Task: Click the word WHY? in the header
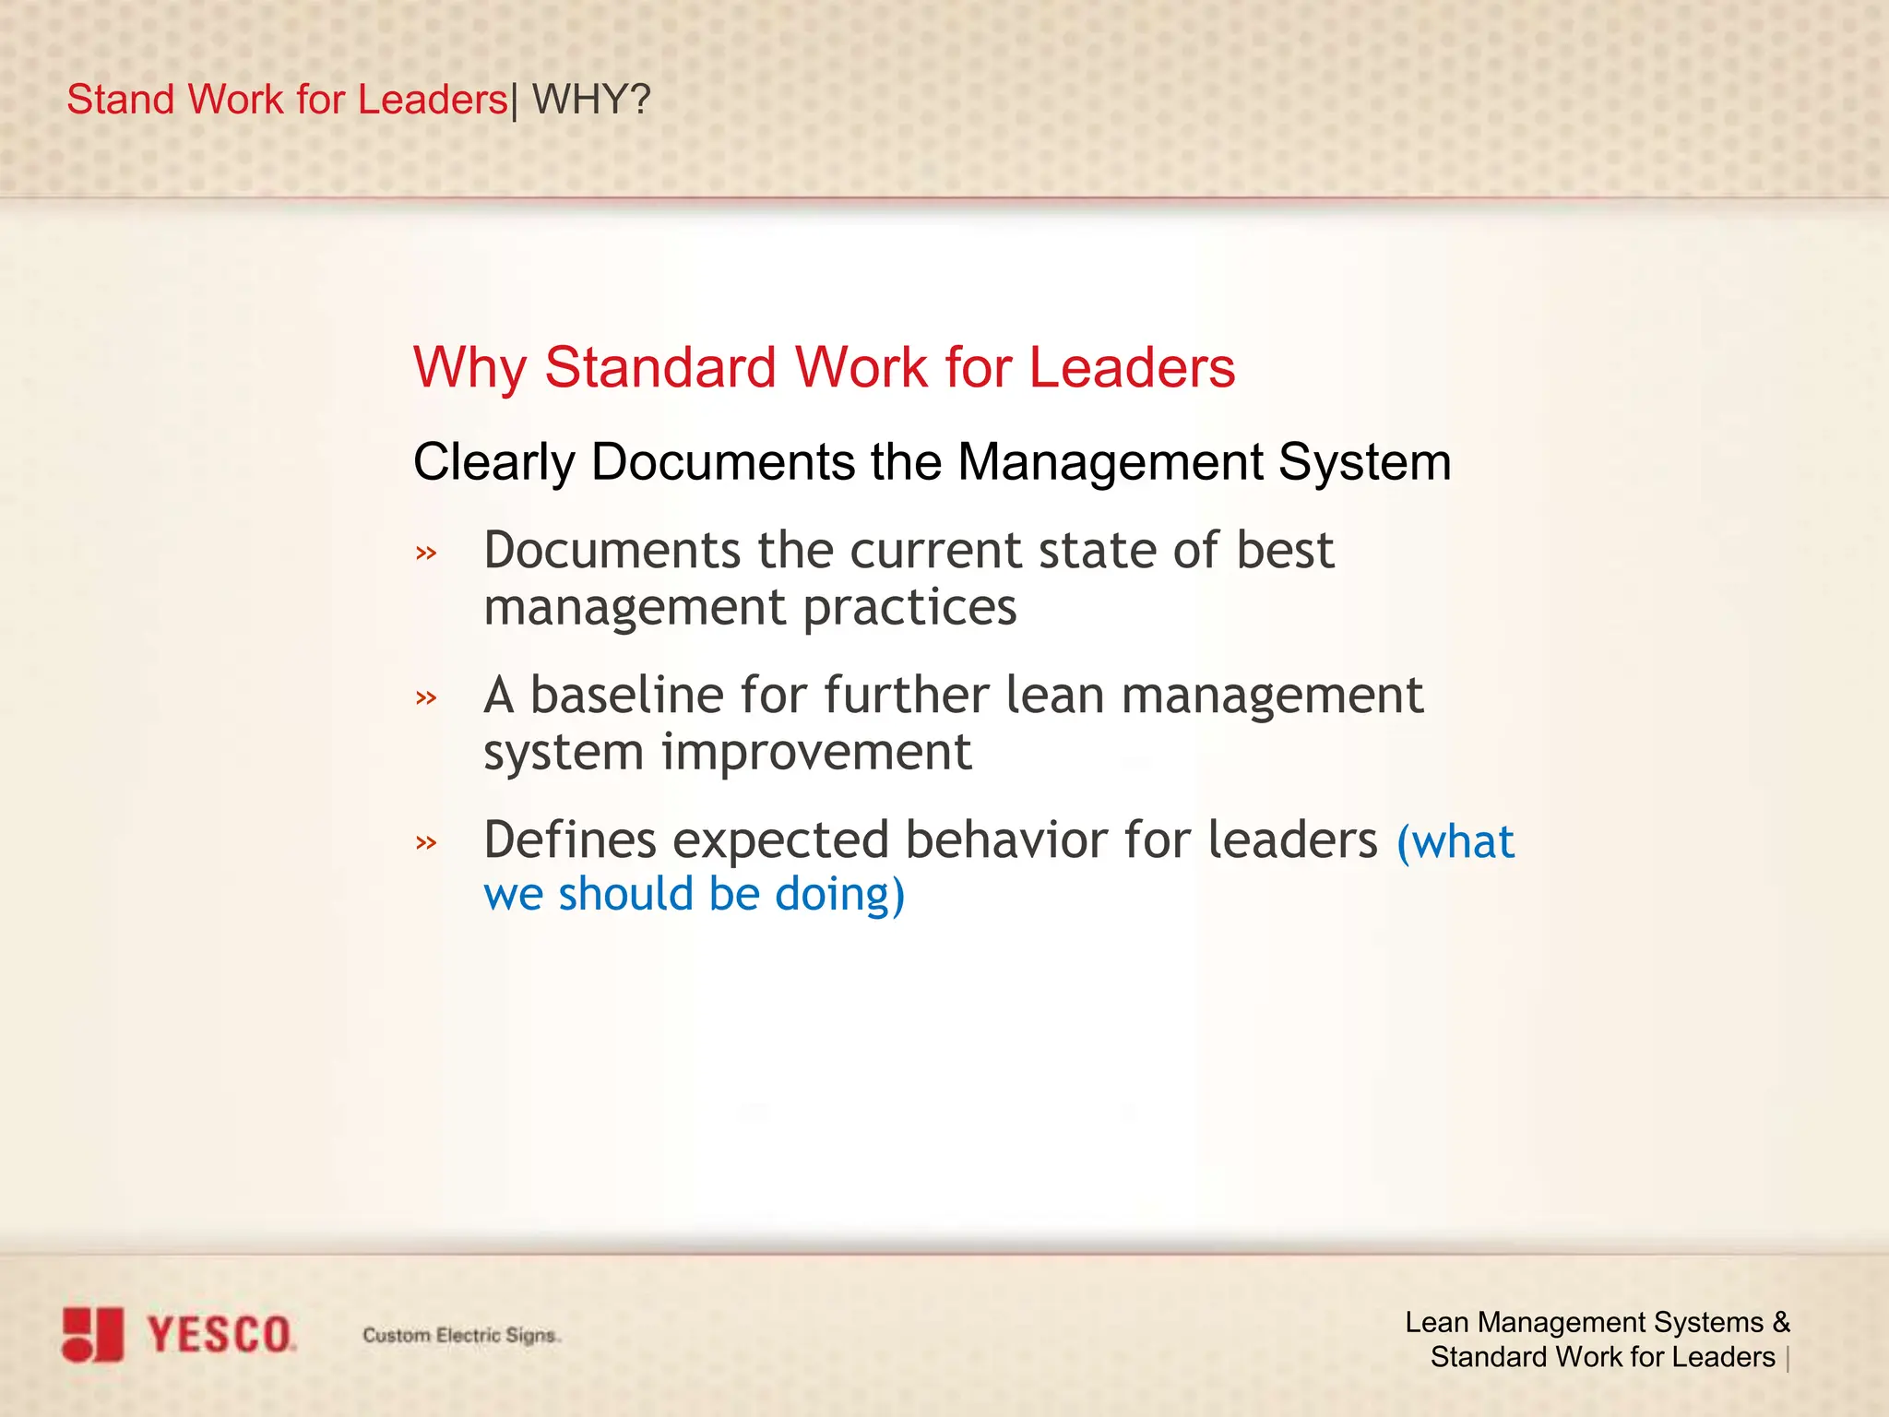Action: (591, 99)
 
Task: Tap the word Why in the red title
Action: (469, 368)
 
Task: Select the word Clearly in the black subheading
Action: (493, 461)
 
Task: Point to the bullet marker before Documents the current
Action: (425, 554)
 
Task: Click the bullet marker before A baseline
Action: (425, 697)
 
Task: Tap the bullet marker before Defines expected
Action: (425, 841)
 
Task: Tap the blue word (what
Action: (1455, 841)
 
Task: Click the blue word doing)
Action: (839, 895)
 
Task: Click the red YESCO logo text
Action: (220, 1335)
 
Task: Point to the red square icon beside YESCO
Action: (92, 1334)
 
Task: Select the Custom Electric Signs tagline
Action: (460, 1335)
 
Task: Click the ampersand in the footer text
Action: (1780, 1322)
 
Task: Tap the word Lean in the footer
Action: (1436, 1322)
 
